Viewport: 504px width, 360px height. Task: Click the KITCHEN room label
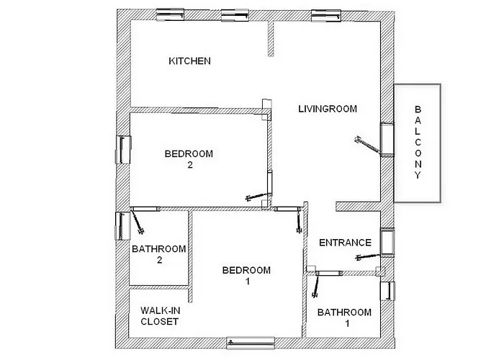pyautogui.click(x=189, y=61)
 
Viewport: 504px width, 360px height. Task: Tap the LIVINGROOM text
pyautogui.click(x=328, y=109)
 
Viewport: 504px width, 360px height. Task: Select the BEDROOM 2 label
pyautogui.click(x=189, y=159)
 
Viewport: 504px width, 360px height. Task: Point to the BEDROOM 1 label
pyautogui.click(x=246, y=276)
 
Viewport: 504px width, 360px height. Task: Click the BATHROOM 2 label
pyautogui.click(x=159, y=254)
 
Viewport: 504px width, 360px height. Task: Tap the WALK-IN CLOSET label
pyautogui.click(x=159, y=315)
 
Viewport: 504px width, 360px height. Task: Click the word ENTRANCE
pyautogui.click(x=345, y=243)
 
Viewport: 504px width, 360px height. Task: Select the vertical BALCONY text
pyautogui.click(x=417, y=147)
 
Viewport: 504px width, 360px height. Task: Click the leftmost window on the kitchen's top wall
pyautogui.click(x=174, y=14)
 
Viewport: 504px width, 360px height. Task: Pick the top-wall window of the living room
pyautogui.click(x=322, y=14)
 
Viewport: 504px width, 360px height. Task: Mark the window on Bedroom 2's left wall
pyautogui.click(x=122, y=150)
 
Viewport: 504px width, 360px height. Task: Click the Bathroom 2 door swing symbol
pyautogui.click(x=138, y=222)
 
